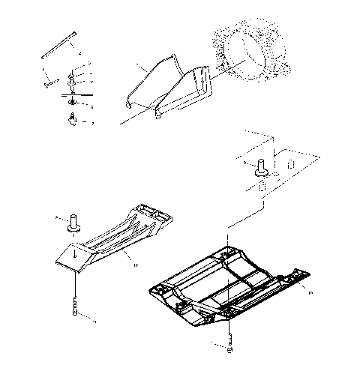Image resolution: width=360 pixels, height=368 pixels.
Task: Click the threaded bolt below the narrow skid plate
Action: tap(76, 307)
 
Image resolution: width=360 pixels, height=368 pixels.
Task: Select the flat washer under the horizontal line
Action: tap(73, 102)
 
